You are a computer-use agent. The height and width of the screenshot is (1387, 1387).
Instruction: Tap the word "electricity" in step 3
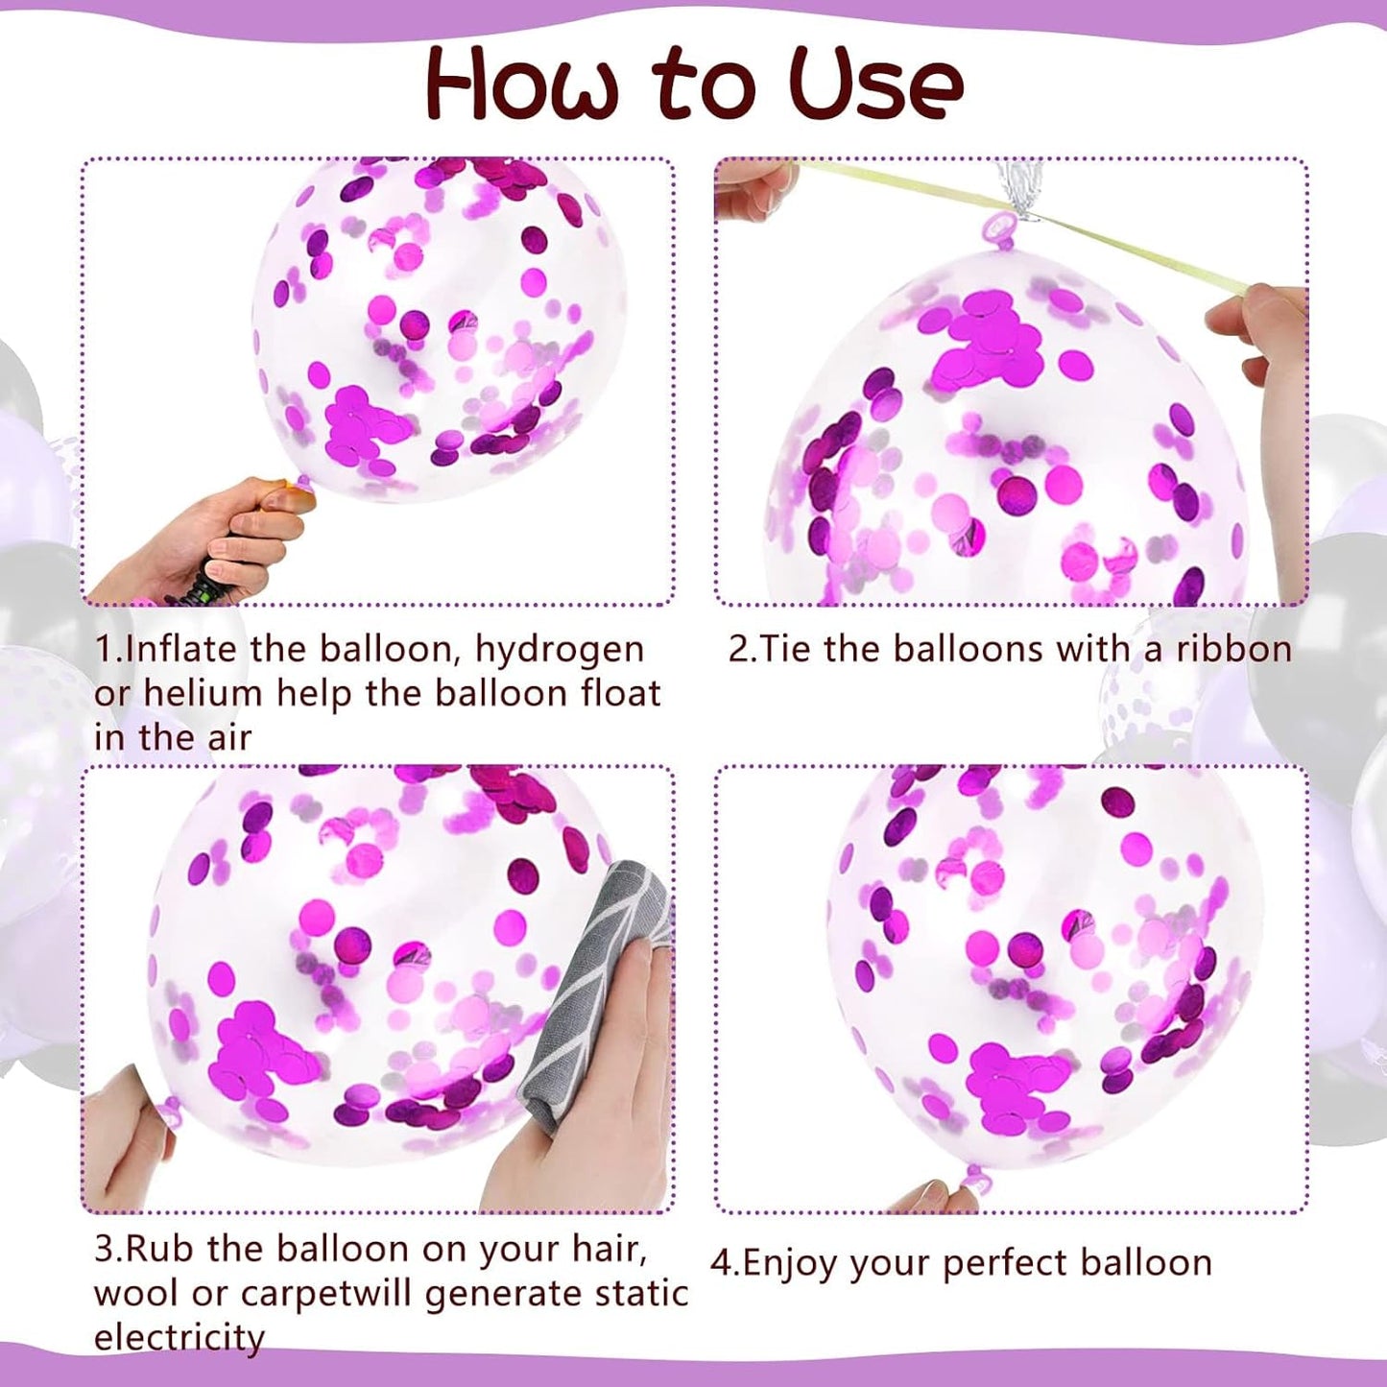click(x=179, y=1336)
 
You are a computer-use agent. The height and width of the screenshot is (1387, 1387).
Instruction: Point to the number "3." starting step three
click(x=109, y=1250)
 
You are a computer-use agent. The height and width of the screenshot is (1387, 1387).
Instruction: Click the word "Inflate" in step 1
click(x=181, y=649)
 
